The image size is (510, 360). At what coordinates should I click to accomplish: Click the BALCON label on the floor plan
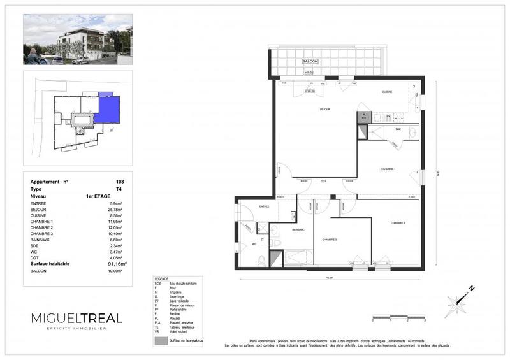point(310,61)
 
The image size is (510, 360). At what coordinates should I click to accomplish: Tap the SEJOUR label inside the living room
point(325,110)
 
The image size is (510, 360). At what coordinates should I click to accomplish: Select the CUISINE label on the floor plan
point(387,92)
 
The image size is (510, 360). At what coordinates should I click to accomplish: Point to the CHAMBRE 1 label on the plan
point(389,169)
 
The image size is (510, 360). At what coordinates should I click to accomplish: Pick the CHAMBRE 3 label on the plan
point(329,240)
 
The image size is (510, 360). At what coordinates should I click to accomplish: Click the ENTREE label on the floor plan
point(264,206)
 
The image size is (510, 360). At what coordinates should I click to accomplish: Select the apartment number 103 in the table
point(120,181)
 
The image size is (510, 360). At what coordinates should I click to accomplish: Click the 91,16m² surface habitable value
point(116,263)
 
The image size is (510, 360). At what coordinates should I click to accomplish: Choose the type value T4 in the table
point(120,189)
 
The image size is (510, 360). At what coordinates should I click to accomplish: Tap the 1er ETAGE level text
point(98,197)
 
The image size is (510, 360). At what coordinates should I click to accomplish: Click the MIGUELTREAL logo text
point(76,318)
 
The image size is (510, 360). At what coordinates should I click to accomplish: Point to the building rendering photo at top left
point(77,40)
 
